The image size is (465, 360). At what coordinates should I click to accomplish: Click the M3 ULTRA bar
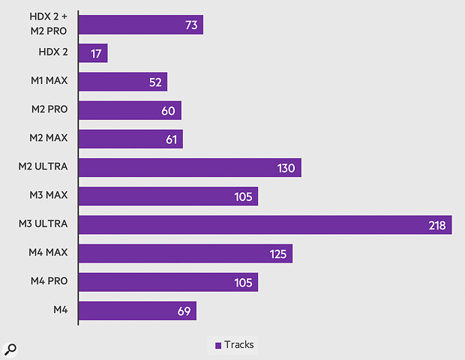pyautogui.click(x=265, y=225)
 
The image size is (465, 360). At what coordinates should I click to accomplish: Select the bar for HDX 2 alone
pyautogui.click(x=93, y=53)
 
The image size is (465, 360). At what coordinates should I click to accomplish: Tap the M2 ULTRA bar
pyautogui.click(x=190, y=168)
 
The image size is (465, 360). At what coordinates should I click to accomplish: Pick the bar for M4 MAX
pyautogui.click(x=185, y=253)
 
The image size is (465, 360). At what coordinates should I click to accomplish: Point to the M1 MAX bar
pyautogui.click(x=123, y=82)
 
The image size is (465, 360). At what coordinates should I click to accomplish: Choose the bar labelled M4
pyautogui.click(x=137, y=310)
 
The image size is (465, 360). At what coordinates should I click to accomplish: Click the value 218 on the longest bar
pyautogui.click(x=436, y=225)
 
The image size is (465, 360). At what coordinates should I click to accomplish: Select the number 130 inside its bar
pyautogui.click(x=286, y=168)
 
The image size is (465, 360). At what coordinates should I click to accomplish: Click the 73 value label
pyautogui.click(x=191, y=25)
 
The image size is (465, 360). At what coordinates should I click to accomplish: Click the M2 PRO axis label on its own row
pyautogui.click(x=49, y=110)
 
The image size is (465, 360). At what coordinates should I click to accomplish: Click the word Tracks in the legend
pyautogui.click(x=239, y=345)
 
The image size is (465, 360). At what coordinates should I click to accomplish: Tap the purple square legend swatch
pyautogui.click(x=218, y=346)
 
